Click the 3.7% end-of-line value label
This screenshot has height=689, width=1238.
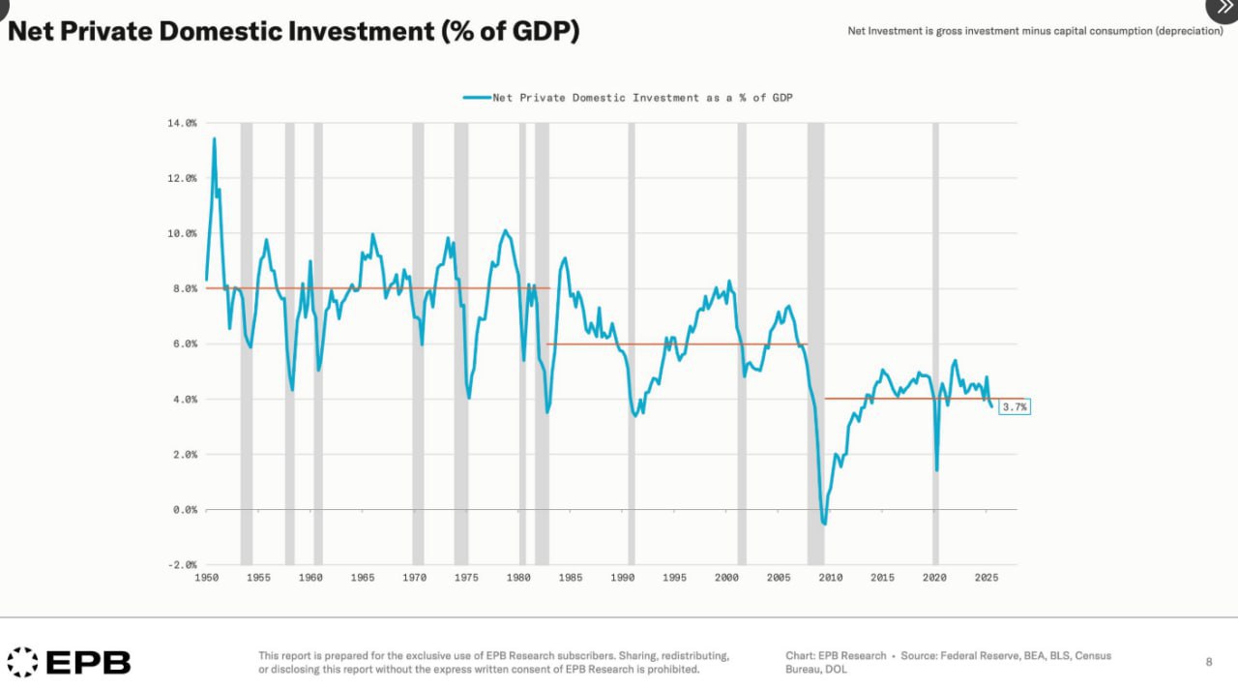1015,407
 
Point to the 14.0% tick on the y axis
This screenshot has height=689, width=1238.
182,123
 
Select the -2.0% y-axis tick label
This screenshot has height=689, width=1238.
182,564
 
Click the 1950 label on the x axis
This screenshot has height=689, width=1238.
206,578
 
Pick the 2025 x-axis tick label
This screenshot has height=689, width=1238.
987,578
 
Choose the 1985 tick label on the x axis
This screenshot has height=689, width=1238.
571,578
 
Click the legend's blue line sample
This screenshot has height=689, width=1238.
477,98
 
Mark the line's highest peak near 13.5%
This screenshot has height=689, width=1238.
214,139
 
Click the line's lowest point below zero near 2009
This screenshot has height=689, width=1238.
824,524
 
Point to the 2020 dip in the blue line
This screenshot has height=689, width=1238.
936,470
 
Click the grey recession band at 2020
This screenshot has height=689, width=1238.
935,290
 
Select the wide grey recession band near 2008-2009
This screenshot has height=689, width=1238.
816,290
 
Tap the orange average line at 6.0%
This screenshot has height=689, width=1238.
677,344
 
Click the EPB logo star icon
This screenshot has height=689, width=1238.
23,662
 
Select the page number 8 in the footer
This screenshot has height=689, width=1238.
1209,662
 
